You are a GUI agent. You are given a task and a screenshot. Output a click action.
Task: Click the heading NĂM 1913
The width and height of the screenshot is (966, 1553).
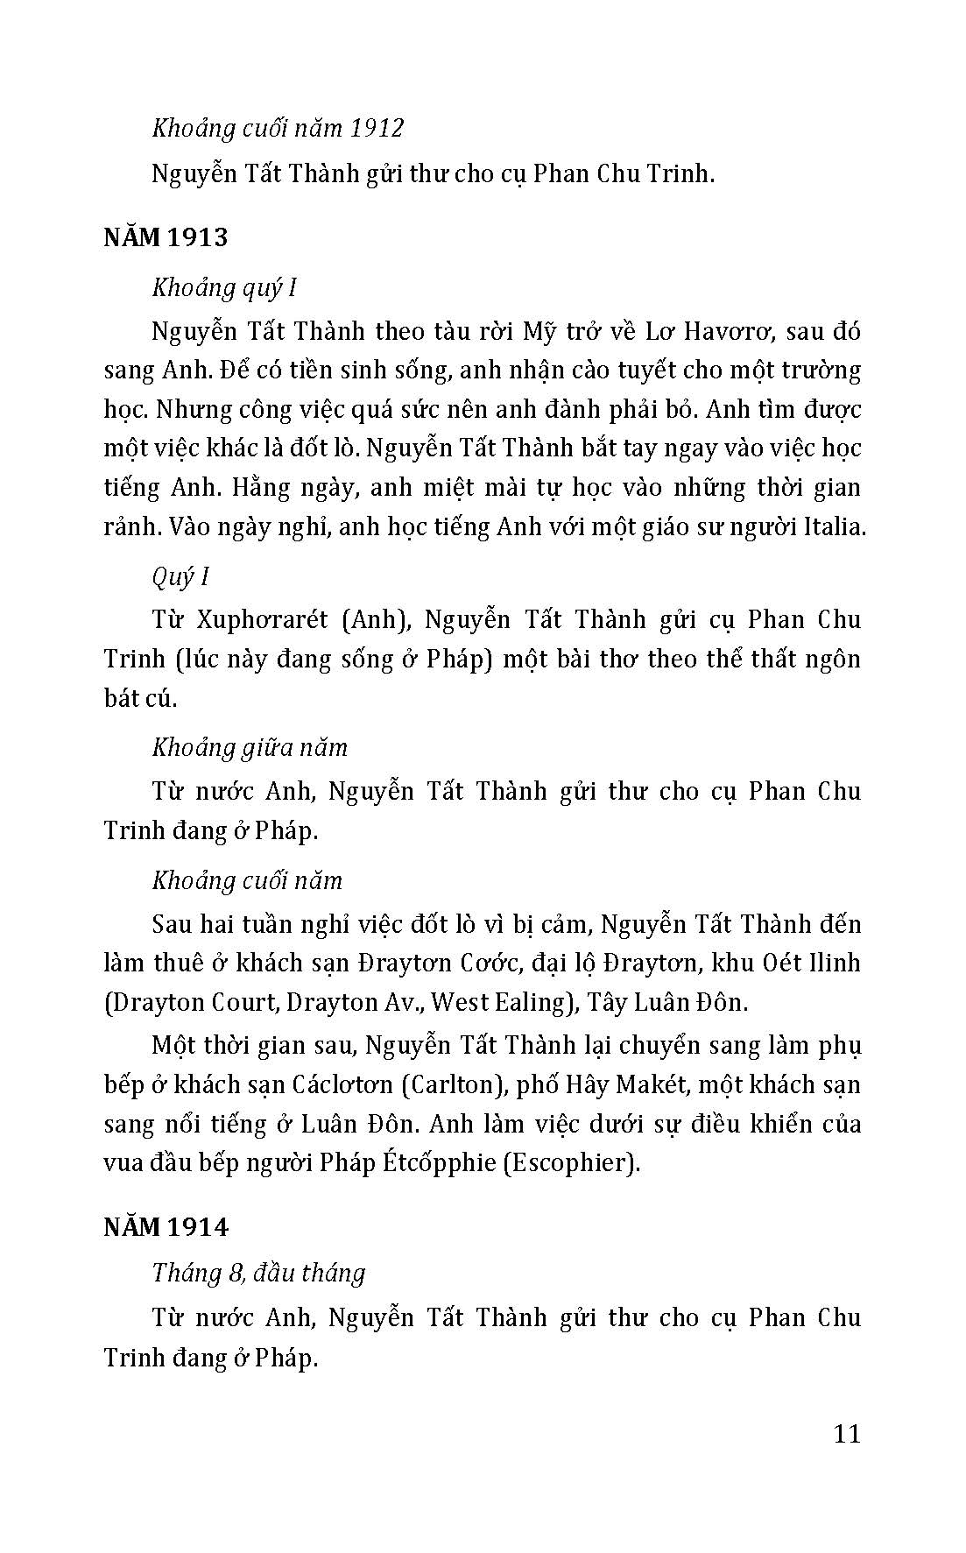(166, 237)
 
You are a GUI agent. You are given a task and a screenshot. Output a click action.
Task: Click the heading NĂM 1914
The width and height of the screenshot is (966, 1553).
(166, 1227)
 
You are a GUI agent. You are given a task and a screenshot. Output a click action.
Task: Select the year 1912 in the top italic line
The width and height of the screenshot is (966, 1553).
(376, 128)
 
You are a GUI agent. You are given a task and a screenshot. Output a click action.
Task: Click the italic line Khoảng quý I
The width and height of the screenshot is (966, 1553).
(223, 287)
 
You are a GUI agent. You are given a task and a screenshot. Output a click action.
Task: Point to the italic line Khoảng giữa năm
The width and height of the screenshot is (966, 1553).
(250, 747)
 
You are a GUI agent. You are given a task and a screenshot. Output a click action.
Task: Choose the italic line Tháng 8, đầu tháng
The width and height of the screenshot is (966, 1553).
(258, 1272)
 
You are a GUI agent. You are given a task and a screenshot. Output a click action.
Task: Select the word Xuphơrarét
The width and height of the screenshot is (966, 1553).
(263, 619)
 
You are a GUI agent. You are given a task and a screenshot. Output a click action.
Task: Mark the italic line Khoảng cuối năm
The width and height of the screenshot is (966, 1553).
(247, 879)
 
